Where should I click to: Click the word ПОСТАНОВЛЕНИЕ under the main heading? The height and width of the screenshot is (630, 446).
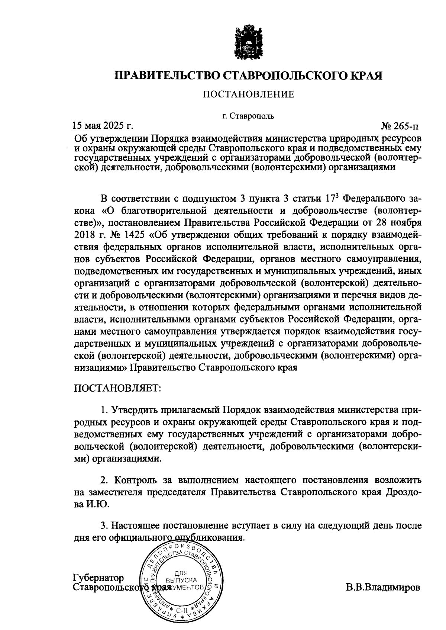pyautogui.click(x=248, y=94)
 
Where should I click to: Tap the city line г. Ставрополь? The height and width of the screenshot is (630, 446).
pyautogui.click(x=248, y=116)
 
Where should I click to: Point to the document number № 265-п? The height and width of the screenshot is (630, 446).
pyautogui.click(x=400, y=126)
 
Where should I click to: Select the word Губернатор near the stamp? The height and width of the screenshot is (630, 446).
pyautogui.click(x=98, y=578)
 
